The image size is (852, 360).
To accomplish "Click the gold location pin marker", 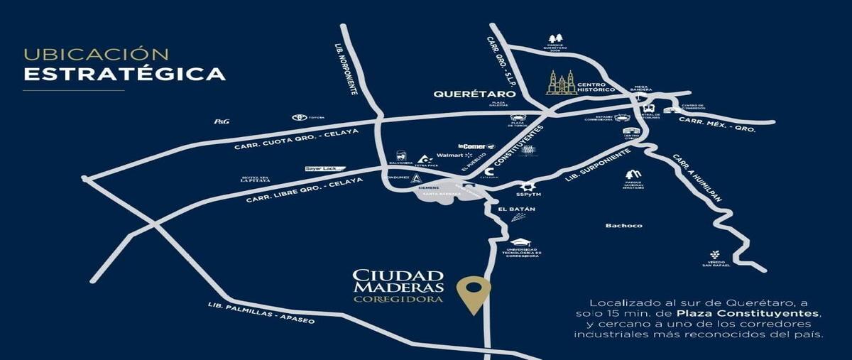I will coord(473,292).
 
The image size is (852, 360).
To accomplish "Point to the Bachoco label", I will coord(623,226).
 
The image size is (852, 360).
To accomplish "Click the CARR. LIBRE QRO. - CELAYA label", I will coord(304,190).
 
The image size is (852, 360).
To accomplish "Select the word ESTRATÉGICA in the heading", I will coord(124,74).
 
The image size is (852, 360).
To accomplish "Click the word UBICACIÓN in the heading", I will coord(97,55).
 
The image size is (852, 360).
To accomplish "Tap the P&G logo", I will coord(222,121).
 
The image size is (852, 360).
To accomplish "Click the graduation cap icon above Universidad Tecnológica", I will coord(523,242).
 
